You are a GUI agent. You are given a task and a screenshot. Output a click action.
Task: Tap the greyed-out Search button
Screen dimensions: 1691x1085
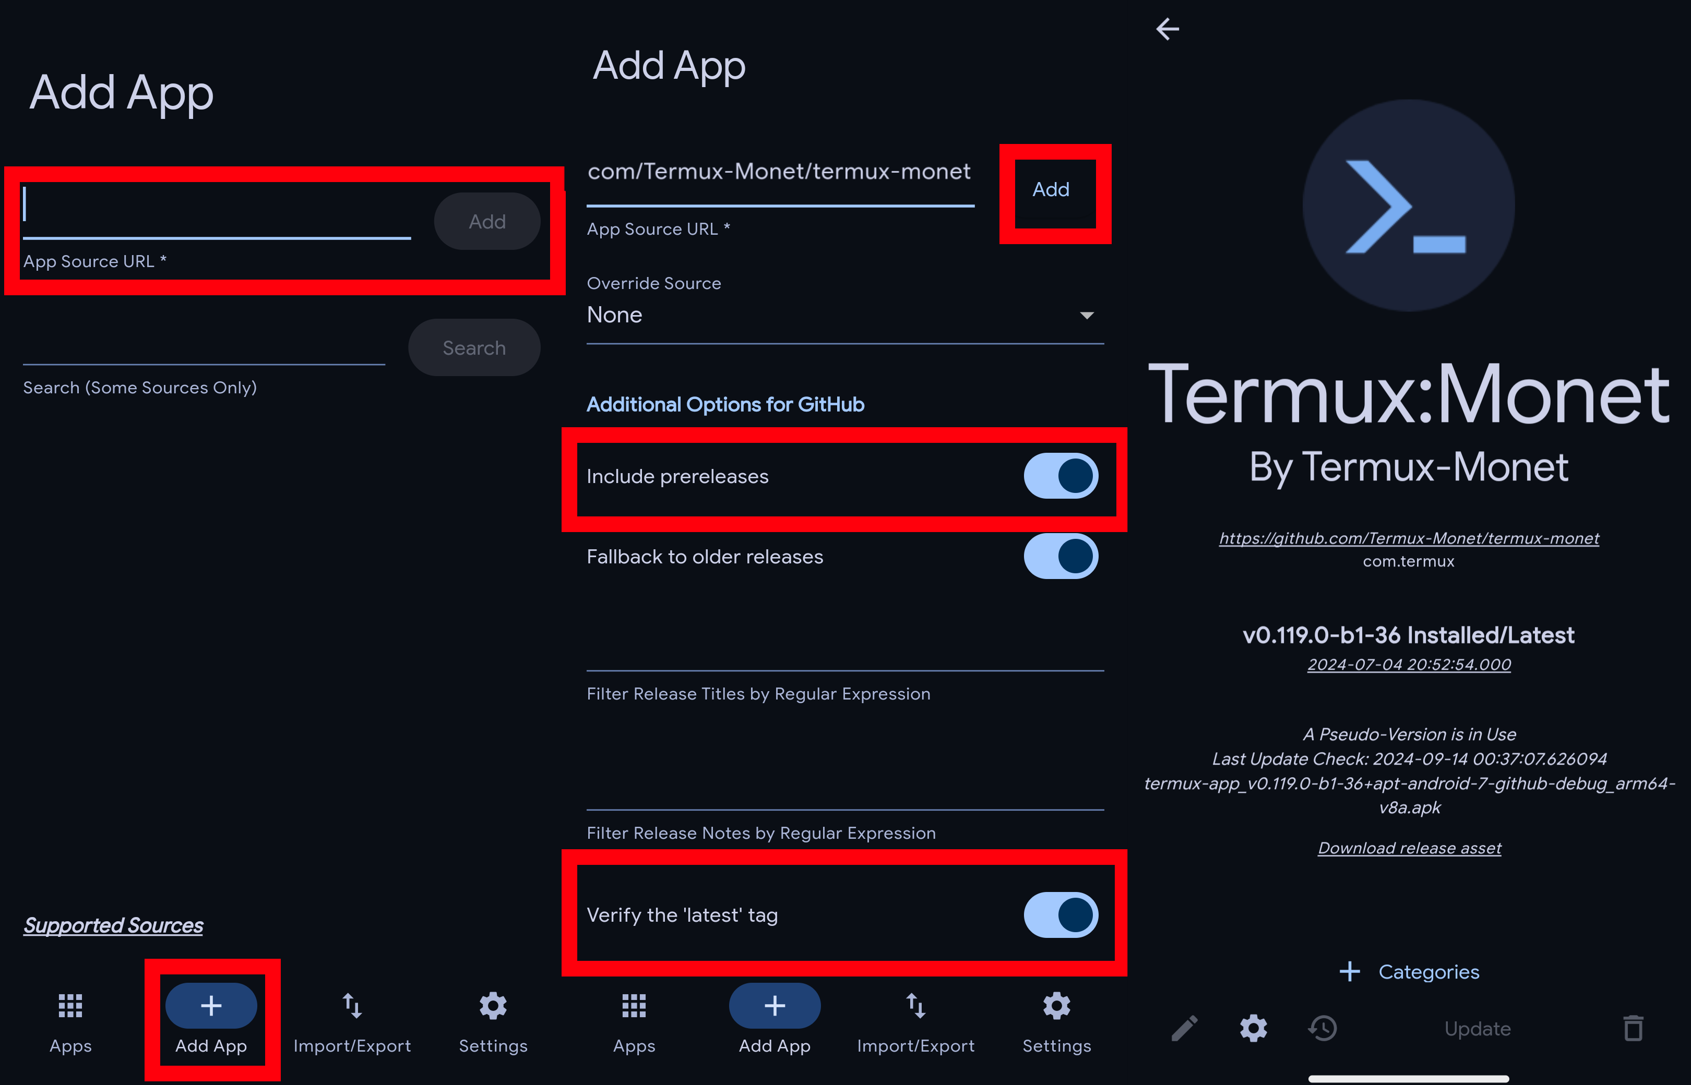(x=474, y=347)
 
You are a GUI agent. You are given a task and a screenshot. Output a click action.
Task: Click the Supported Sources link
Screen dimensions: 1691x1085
(x=113, y=925)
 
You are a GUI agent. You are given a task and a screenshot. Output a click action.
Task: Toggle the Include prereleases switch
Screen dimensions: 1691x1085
(x=1061, y=476)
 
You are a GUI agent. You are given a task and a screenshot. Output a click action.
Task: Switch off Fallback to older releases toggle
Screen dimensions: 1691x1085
(x=1061, y=556)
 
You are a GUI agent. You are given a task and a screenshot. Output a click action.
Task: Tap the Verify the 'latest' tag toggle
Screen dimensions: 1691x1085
(x=1061, y=914)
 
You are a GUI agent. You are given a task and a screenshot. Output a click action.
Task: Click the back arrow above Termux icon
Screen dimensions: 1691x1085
(x=1168, y=29)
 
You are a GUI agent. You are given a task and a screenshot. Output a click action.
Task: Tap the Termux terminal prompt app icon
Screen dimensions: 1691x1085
(x=1408, y=205)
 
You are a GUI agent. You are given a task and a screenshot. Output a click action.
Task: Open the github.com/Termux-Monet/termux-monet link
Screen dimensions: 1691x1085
(x=1408, y=538)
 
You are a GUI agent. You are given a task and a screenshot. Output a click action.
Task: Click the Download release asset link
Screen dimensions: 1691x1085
(x=1409, y=848)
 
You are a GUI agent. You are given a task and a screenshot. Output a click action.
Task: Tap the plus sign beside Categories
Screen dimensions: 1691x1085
(x=1349, y=972)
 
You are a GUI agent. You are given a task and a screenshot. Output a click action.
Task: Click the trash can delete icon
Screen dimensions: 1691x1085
(x=1633, y=1028)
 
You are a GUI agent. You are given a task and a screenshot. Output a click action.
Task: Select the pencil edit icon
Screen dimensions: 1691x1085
(x=1184, y=1028)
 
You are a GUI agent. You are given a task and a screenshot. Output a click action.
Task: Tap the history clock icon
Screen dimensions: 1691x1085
(x=1323, y=1028)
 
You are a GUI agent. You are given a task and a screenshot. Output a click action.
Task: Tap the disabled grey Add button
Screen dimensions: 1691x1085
(x=487, y=221)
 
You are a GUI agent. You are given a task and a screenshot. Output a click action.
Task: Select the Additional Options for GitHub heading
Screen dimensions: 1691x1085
(x=725, y=404)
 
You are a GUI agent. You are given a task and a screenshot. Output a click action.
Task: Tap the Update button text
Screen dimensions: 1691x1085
(x=1478, y=1029)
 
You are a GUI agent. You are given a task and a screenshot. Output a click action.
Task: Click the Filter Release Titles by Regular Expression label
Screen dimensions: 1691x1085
(x=758, y=694)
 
